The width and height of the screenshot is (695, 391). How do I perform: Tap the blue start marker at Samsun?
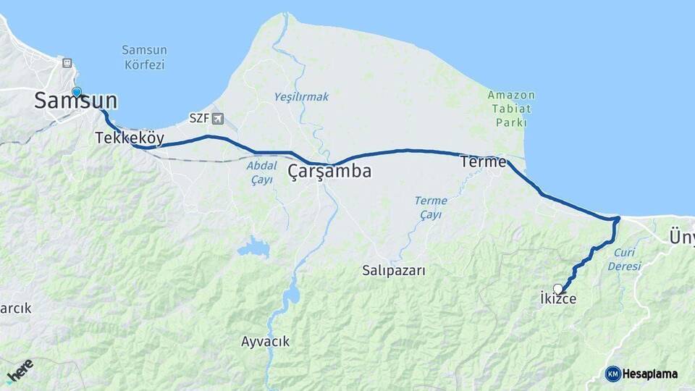click(x=77, y=93)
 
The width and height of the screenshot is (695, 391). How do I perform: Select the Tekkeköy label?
click(x=130, y=138)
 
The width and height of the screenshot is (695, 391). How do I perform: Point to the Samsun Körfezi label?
click(x=144, y=57)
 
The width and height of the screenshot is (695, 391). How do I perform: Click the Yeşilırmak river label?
click(x=301, y=96)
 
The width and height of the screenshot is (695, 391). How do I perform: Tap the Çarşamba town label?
click(x=329, y=172)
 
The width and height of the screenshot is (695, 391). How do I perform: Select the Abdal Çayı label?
click(x=261, y=172)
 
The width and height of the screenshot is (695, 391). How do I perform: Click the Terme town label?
click(x=483, y=162)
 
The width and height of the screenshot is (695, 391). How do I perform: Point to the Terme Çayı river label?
click(x=431, y=207)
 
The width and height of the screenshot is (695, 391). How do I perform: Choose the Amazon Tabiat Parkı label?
click(x=511, y=109)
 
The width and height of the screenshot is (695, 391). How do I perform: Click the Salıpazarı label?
click(x=394, y=270)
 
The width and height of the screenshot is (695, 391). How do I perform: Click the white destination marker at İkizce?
click(x=557, y=288)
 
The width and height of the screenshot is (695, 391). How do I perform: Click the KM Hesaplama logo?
click(x=641, y=374)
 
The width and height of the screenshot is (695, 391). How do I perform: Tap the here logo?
click(x=20, y=371)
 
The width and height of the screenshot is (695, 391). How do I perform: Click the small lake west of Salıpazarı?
click(x=253, y=248)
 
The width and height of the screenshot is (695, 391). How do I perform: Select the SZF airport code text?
click(x=198, y=118)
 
